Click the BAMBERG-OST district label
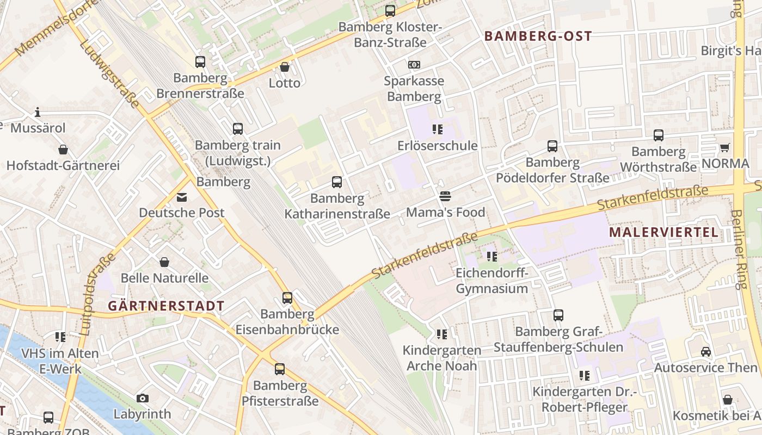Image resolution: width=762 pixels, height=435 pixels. tap(538, 36)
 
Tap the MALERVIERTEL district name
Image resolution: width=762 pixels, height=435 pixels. tap(663, 233)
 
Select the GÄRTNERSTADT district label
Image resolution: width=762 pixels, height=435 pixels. tap(166, 306)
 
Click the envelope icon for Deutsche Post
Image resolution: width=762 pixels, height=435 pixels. tap(181, 197)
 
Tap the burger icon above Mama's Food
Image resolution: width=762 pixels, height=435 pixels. tap(445, 196)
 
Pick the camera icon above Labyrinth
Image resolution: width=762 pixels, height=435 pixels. tap(143, 398)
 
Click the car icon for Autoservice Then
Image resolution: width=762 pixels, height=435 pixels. tap(705, 352)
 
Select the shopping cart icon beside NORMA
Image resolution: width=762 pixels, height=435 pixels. tap(724, 147)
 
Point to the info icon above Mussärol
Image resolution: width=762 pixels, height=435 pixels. tap(38, 113)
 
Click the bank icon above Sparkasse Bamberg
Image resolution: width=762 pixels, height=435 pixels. tap(414, 65)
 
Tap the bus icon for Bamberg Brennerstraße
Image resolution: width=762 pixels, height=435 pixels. tap(200, 62)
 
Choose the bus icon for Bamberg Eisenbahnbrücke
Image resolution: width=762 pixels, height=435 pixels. tap(287, 298)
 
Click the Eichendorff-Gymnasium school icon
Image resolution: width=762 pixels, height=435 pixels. tap(492, 256)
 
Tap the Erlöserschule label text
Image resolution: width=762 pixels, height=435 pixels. tap(438, 146)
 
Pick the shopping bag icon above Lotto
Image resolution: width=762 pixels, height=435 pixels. tap(284, 67)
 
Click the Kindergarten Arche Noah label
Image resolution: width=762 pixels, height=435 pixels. tap(442, 358)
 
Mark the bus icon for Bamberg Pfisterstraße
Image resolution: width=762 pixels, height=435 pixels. tap(280, 369)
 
